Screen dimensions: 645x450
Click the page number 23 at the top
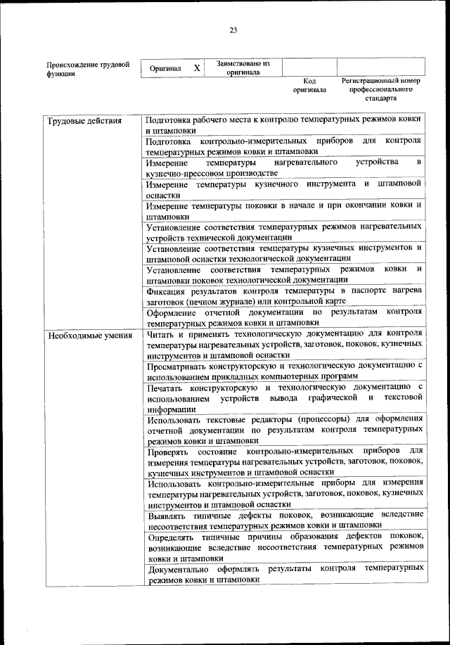point(233,30)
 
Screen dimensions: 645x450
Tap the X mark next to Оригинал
point(197,68)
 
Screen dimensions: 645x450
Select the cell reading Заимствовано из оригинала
point(243,68)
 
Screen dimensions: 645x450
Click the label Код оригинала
point(309,85)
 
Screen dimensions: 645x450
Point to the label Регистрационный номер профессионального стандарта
point(380,89)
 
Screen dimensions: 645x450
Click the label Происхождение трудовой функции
point(87,69)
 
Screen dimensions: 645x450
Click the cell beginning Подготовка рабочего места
point(284,125)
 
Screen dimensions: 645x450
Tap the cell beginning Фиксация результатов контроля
point(284,295)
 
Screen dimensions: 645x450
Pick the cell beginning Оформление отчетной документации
point(284,317)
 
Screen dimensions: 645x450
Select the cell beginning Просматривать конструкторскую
point(284,371)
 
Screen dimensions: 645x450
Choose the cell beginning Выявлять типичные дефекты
point(284,520)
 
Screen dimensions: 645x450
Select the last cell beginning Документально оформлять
point(284,573)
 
